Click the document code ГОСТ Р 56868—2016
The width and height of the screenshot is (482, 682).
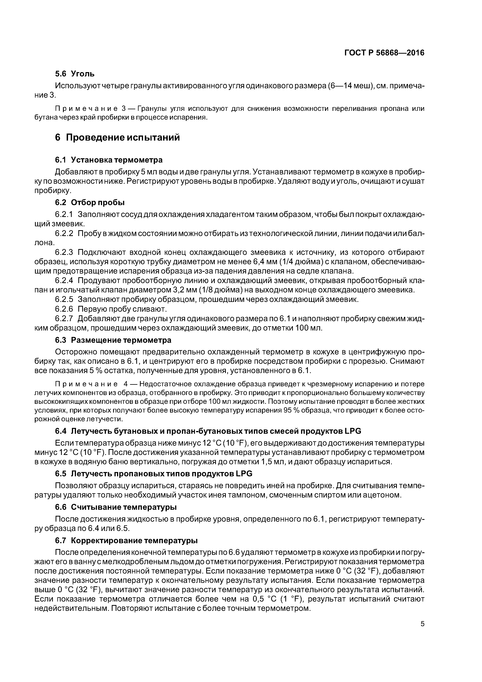coord(384,53)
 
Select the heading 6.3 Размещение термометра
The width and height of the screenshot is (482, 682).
coord(113,340)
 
